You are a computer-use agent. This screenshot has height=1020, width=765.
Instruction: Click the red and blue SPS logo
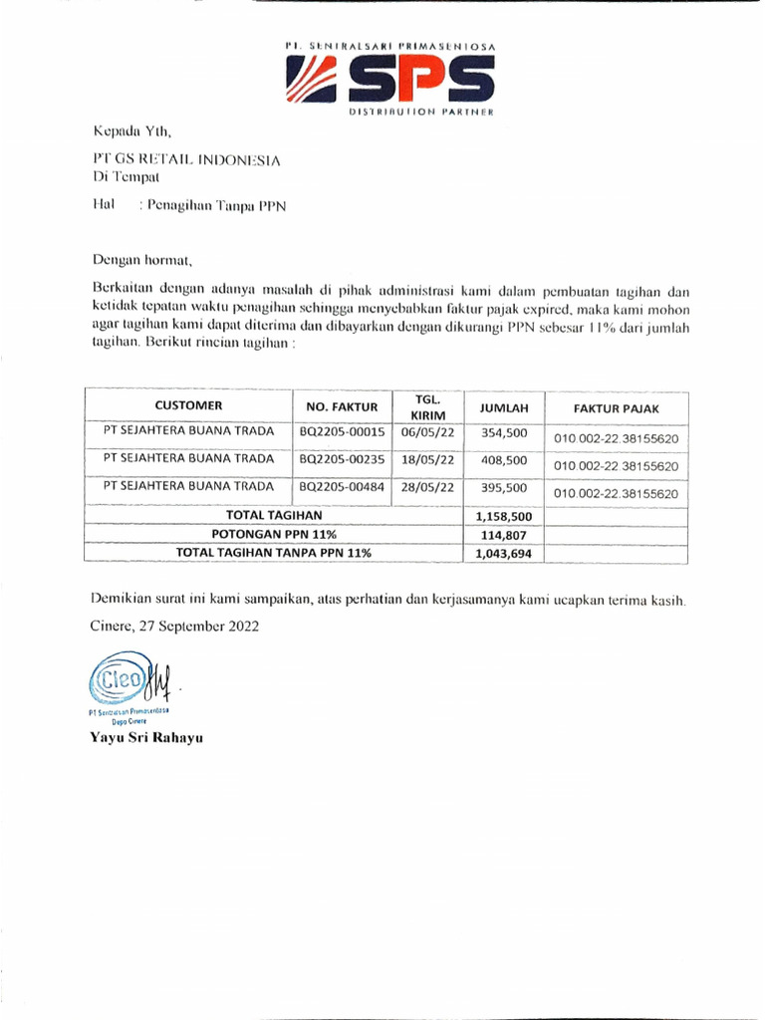pyautogui.click(x=390, y=79)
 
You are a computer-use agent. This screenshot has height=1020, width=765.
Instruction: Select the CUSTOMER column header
pyautogui.click(x=188, y=405)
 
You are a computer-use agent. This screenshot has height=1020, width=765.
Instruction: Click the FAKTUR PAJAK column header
pyautogui.click(x=615, y=407)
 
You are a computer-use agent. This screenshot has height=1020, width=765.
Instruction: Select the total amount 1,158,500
pyautogui.click(x=505, y=517)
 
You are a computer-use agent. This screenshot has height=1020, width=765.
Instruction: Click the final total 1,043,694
pyautogui.click(x=505, y=554)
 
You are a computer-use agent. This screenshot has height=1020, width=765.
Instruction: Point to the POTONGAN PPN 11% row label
pyautogui.click(x=273, y=534)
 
